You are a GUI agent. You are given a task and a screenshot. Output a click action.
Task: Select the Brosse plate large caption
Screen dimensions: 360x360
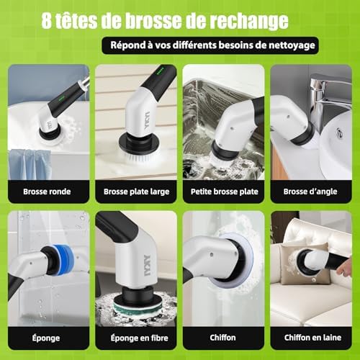pyautogui.click(x=136, y=192)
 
